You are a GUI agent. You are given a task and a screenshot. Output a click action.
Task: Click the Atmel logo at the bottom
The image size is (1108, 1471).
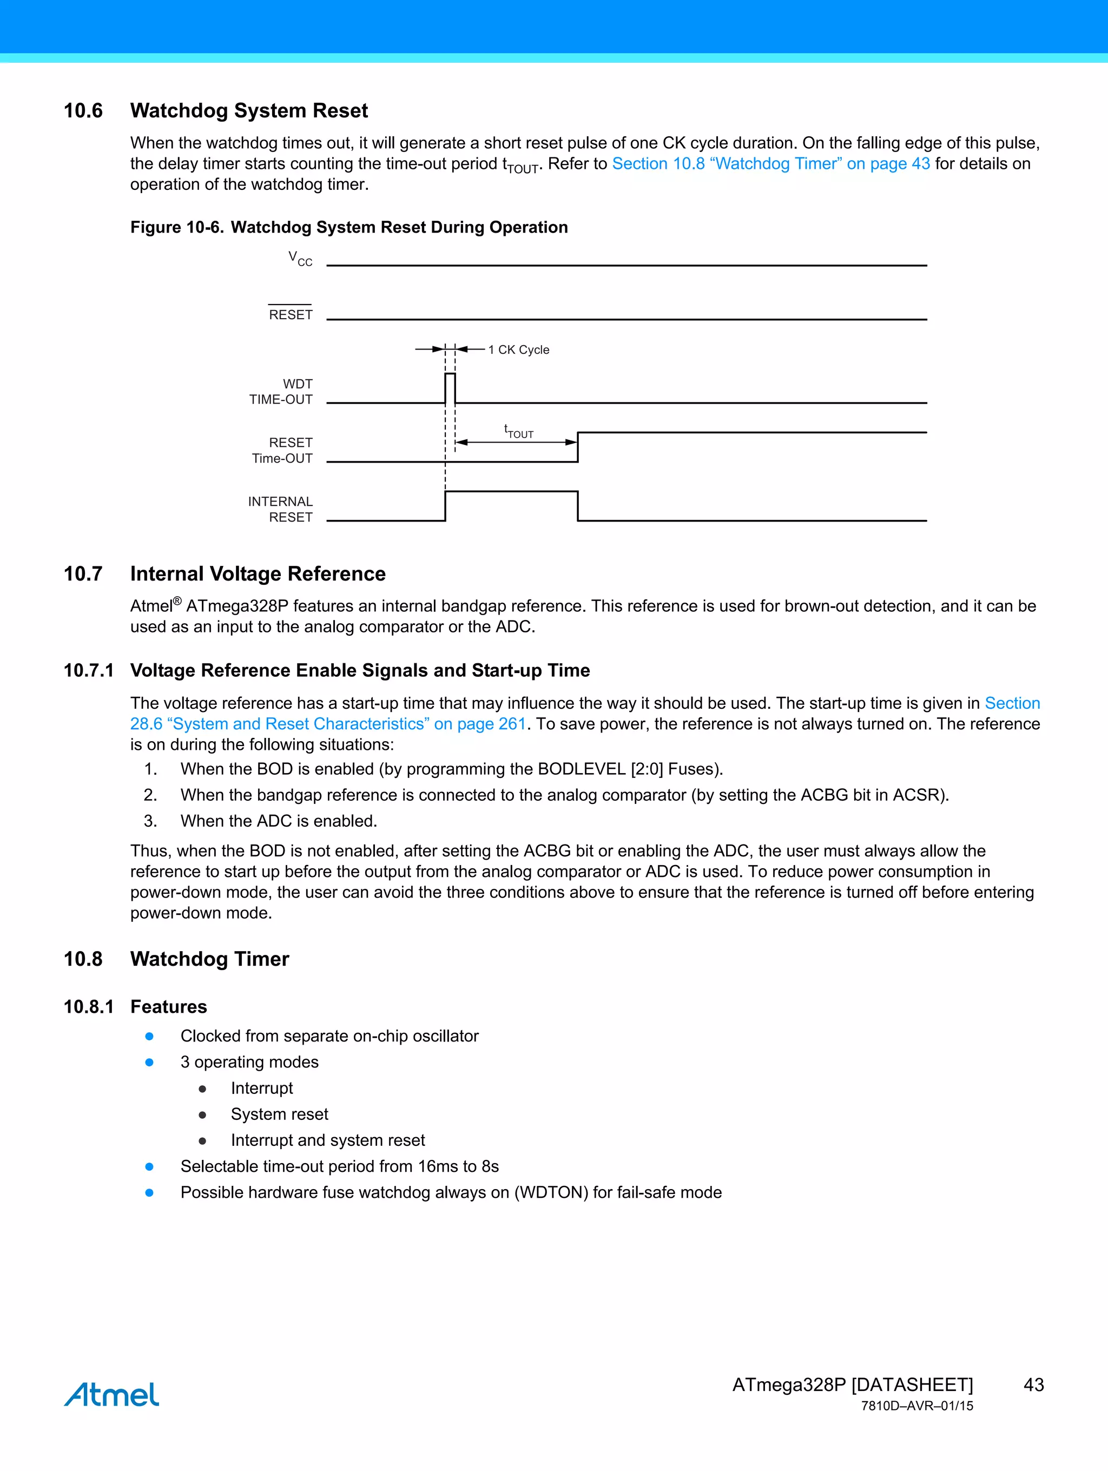point(111,1395)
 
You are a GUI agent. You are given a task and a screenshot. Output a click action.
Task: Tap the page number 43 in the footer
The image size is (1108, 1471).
point(1033,1384)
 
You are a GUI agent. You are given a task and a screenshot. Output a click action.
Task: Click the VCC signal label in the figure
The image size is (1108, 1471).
point(300,258)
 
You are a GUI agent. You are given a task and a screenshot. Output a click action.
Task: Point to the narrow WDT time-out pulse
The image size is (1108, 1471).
point(450,388)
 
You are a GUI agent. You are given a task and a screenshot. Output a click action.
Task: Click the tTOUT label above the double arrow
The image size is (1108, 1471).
point(518,431)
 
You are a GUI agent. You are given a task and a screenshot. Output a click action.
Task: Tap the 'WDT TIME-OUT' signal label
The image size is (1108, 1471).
point(281,392)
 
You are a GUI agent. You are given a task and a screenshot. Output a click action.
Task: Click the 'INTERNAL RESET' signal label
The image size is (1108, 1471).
point(281,510)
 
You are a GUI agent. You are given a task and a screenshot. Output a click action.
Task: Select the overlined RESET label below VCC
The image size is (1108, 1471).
point(291,314)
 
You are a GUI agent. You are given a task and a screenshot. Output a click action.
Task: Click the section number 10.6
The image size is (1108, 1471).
point(83,110)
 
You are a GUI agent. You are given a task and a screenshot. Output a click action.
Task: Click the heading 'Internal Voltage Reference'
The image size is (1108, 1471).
point(258,573)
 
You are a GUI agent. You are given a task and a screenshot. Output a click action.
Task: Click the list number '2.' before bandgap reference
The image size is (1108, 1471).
point(151,795)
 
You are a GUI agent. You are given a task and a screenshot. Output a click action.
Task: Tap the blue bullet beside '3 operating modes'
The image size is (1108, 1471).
point(150,1062)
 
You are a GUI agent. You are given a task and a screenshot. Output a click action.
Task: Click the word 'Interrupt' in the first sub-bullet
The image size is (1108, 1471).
point(261,1088)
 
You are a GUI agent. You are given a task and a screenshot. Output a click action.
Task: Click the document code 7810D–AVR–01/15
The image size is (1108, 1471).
point(916,1406)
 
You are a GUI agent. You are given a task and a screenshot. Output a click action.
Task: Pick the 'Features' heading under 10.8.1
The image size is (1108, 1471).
point(168,1007)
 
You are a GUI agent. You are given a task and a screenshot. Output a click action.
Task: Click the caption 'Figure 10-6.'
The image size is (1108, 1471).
point(176,227)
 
